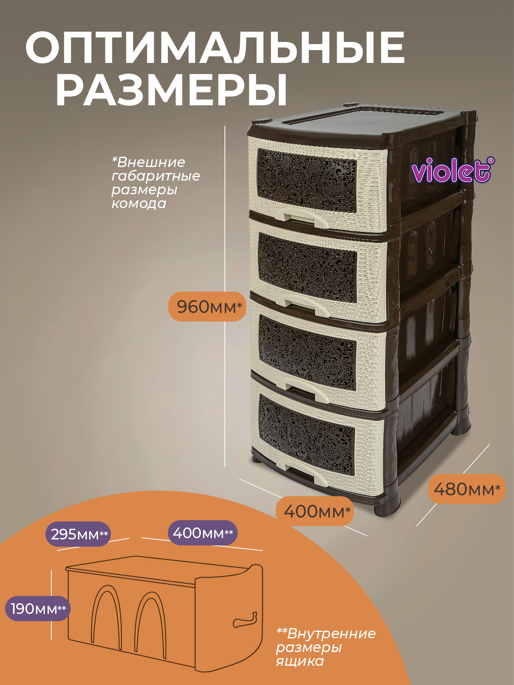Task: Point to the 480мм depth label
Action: pos(466,489)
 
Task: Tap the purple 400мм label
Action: pos(202,533)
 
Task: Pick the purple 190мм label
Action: pos(38,608)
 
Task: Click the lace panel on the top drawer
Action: pos(306,180)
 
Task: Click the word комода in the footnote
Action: pos(139,203)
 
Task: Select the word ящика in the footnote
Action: pos(299,661)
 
